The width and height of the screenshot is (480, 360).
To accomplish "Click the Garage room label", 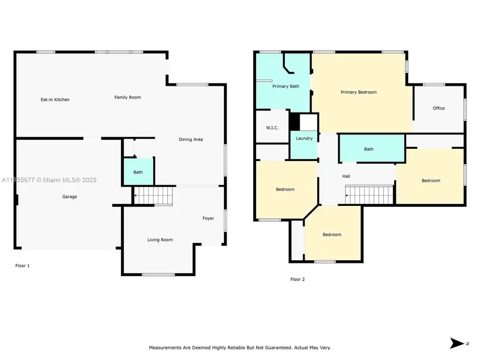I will (69, 197).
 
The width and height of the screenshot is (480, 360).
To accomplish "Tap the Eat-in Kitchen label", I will (55, 100).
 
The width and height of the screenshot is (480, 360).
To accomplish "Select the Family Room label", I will (127, 97).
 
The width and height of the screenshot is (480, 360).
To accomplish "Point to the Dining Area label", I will (190, 140).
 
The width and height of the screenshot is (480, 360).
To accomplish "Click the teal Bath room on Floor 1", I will (138, 171).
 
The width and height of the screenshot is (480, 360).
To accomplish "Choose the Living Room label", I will (160, 240).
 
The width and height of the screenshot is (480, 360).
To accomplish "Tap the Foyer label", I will (208, 218).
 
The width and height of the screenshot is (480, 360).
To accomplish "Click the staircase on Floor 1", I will (154, 196).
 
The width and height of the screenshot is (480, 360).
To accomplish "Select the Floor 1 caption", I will (22, 266).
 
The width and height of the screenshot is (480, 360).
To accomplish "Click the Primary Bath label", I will (286, 86).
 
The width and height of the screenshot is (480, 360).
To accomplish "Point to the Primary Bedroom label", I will (358, 92).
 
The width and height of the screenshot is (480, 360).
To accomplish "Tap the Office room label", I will (438, 108).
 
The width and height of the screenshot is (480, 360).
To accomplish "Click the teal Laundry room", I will (304, 144).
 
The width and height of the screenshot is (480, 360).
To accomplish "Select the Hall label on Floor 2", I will (346, 176).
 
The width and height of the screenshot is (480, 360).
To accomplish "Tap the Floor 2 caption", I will (298, 279).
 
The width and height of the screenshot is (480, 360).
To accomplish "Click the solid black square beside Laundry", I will (294, 121).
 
